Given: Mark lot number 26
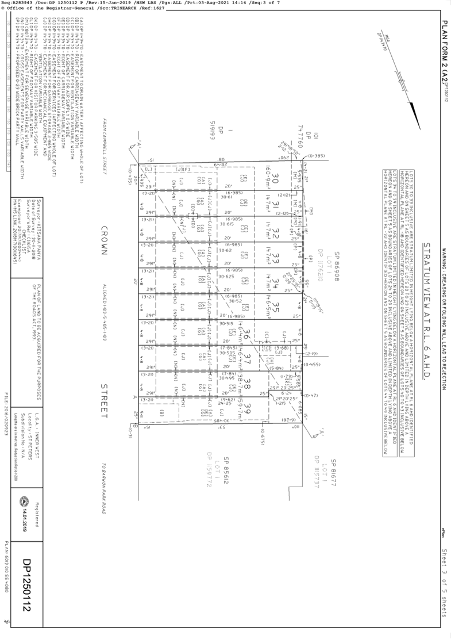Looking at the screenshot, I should click(x=245, y=332).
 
